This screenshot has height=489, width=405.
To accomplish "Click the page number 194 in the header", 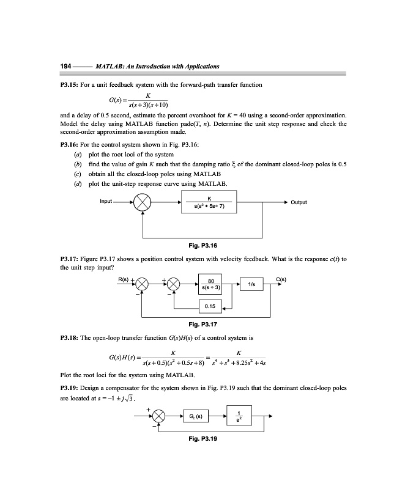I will [65, 66].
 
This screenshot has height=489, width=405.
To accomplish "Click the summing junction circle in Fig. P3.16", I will [143, 202].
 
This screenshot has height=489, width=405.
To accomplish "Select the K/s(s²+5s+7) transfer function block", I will [209, 202].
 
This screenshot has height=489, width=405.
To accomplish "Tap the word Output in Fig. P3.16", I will [299, 202].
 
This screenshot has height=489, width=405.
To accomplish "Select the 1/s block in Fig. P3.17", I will [252, 285].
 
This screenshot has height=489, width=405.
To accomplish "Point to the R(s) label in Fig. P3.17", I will [124, 279].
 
